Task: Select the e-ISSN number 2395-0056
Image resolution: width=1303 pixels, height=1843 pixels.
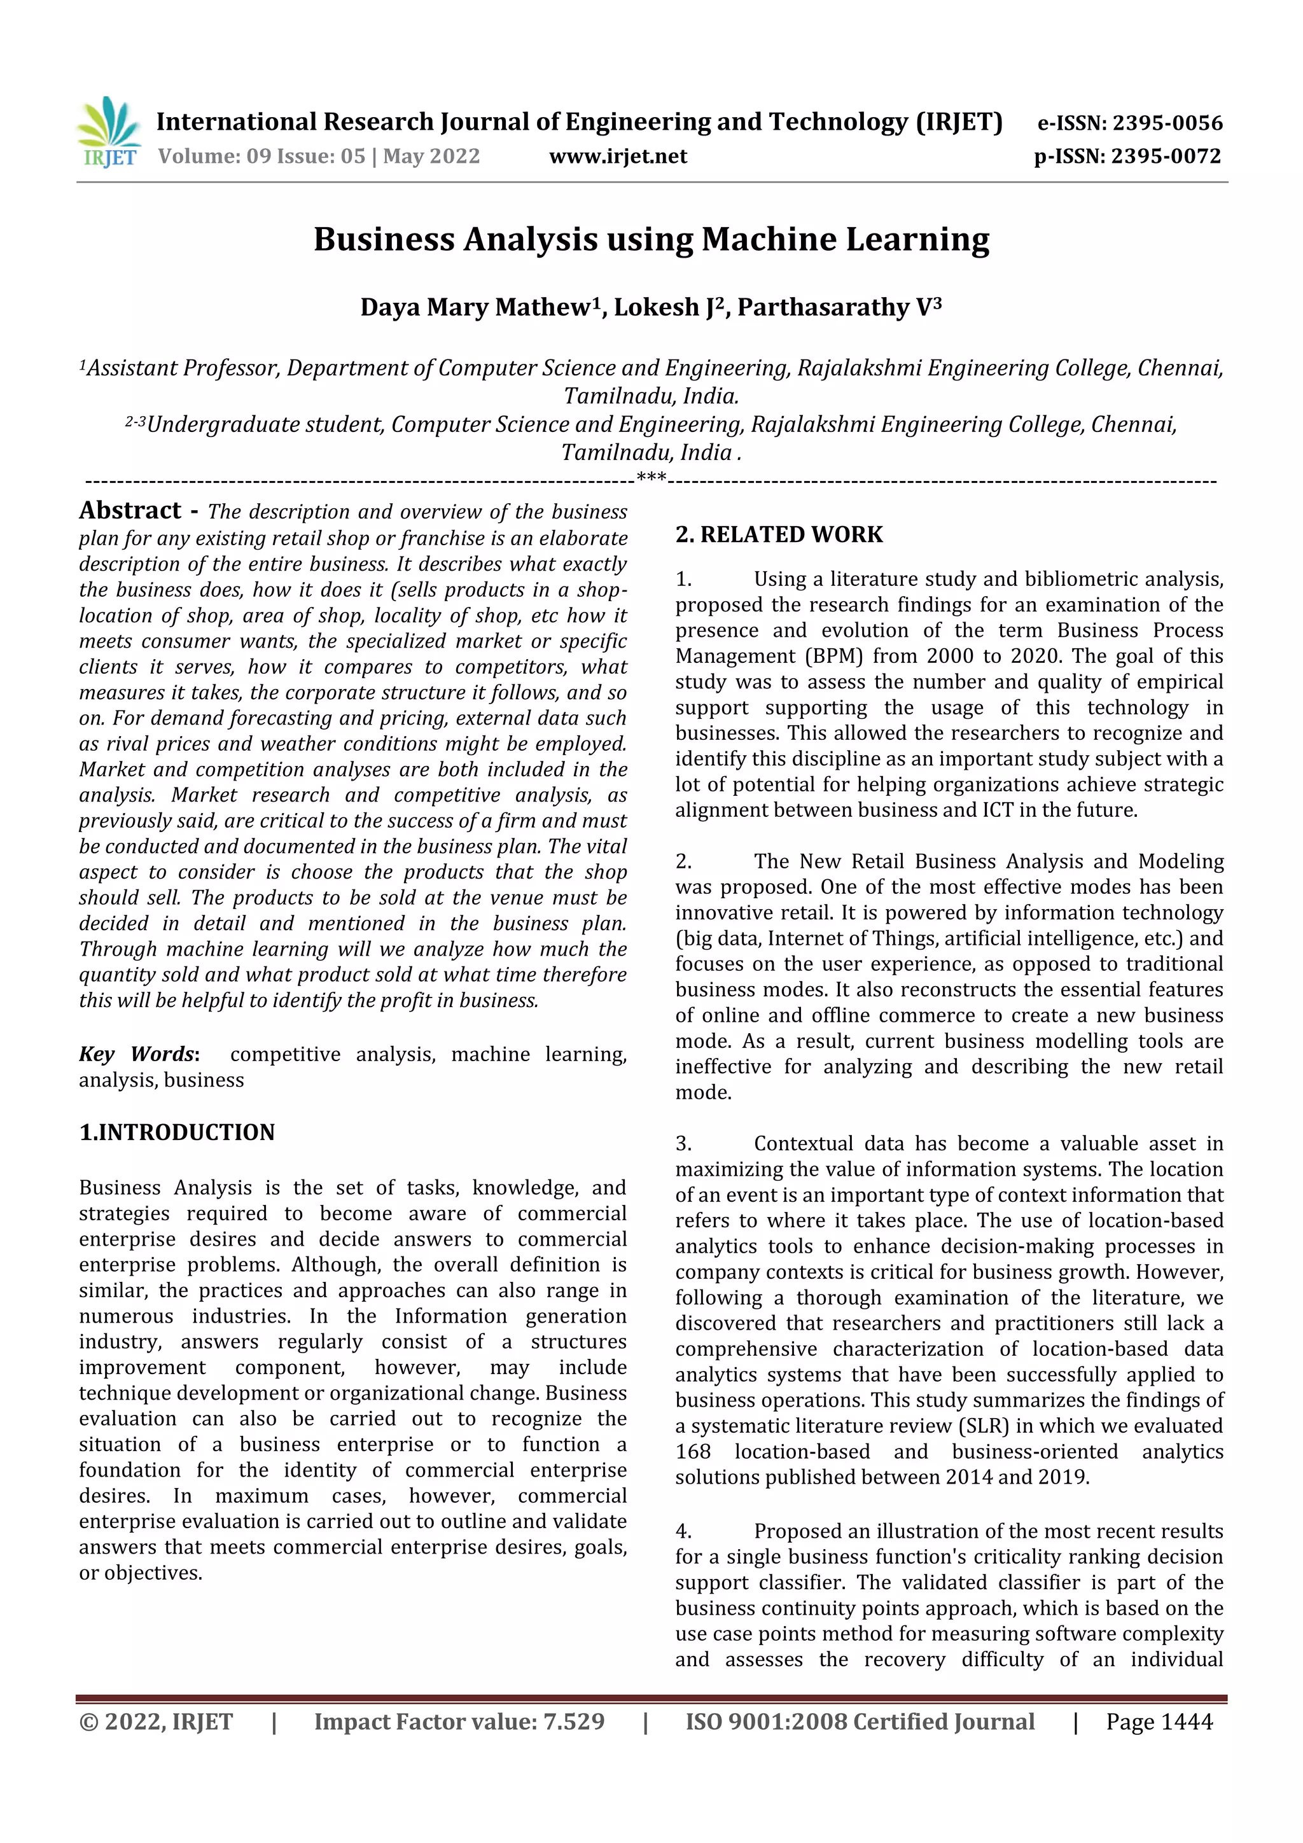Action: [1167, 123]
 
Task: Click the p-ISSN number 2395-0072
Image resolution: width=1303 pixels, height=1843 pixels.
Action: [1166, 156]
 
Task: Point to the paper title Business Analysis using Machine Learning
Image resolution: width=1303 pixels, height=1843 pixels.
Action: [651, 239]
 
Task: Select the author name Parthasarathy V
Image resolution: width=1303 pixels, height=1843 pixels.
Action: [839, 307]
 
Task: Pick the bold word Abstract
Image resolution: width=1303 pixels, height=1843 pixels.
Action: [130, 510]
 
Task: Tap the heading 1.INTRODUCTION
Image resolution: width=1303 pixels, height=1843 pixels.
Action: [177, 1132]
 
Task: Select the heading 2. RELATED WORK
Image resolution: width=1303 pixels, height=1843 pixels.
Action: [778, 534]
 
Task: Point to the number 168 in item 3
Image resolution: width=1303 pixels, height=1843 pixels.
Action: [693, 1451]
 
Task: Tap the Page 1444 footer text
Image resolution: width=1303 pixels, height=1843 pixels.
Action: [1159, 1721]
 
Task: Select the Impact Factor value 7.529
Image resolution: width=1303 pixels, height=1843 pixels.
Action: [573, 1721]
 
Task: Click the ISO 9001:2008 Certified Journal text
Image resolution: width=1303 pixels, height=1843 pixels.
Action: [859, 1721]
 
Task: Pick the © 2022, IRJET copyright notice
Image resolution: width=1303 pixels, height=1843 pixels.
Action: [156, 1721]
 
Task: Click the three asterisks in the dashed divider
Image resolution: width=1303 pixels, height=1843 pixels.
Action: [650, 479]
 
